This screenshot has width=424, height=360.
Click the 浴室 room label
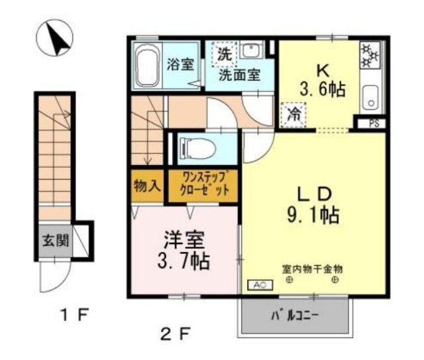coord(180,65)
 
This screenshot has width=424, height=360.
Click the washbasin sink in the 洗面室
coord(251,52)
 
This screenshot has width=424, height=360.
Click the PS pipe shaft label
coord(374,123)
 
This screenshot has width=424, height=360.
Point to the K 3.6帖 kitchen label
coord(321,80)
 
